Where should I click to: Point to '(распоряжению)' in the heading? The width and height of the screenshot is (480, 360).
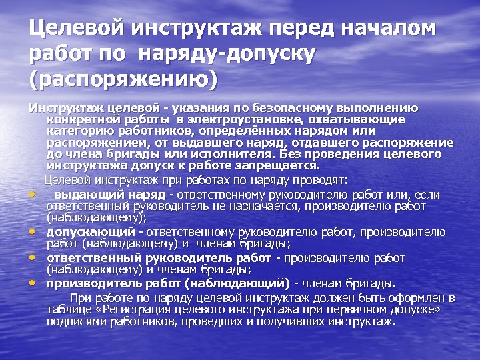coord(123,79)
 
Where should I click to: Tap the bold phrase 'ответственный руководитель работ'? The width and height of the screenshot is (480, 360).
coord(158,258)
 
